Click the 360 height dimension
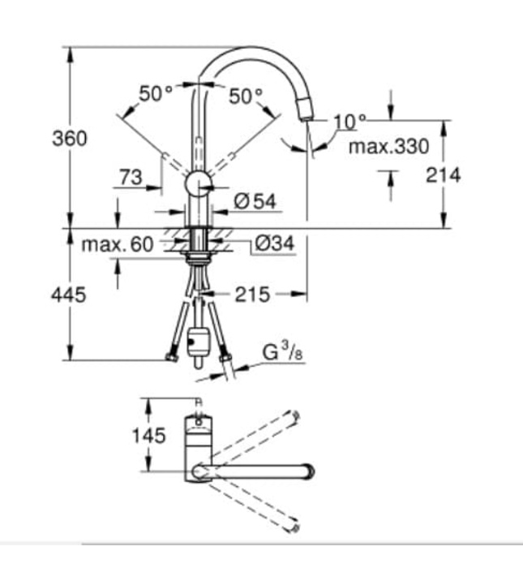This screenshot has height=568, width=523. (x=70, y=139)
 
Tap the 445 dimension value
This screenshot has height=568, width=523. (x=70, y=295)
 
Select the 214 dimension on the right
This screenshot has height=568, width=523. (x=443, y=174)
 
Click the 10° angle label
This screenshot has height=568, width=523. (x=349, y=122)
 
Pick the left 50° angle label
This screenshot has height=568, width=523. (x=156, y=95)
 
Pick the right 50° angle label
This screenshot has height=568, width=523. (x=246, y=97)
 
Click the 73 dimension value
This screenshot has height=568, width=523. (x=131, y=176)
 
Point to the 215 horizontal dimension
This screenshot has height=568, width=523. (x=252, y=294)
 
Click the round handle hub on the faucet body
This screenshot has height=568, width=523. (x=197, y=184)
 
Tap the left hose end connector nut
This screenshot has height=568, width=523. (x=170, y=356)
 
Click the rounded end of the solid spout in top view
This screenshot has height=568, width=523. (x=309, y=470)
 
